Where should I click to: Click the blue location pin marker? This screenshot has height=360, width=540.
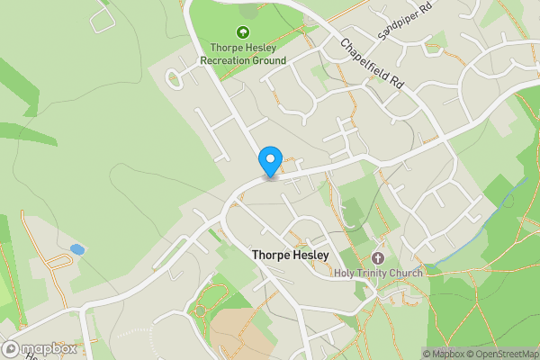[270, 162]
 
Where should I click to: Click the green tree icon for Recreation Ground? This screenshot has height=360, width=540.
[243, 32]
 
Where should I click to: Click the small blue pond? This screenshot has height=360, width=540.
[77, 248]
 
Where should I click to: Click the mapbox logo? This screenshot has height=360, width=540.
[40, 348]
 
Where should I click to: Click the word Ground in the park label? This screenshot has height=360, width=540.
[269, 60]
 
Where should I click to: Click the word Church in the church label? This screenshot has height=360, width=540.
[406, 273]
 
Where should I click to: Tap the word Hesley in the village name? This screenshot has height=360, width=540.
[308, 256]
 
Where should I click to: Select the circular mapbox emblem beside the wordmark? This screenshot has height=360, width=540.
[12, 348]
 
